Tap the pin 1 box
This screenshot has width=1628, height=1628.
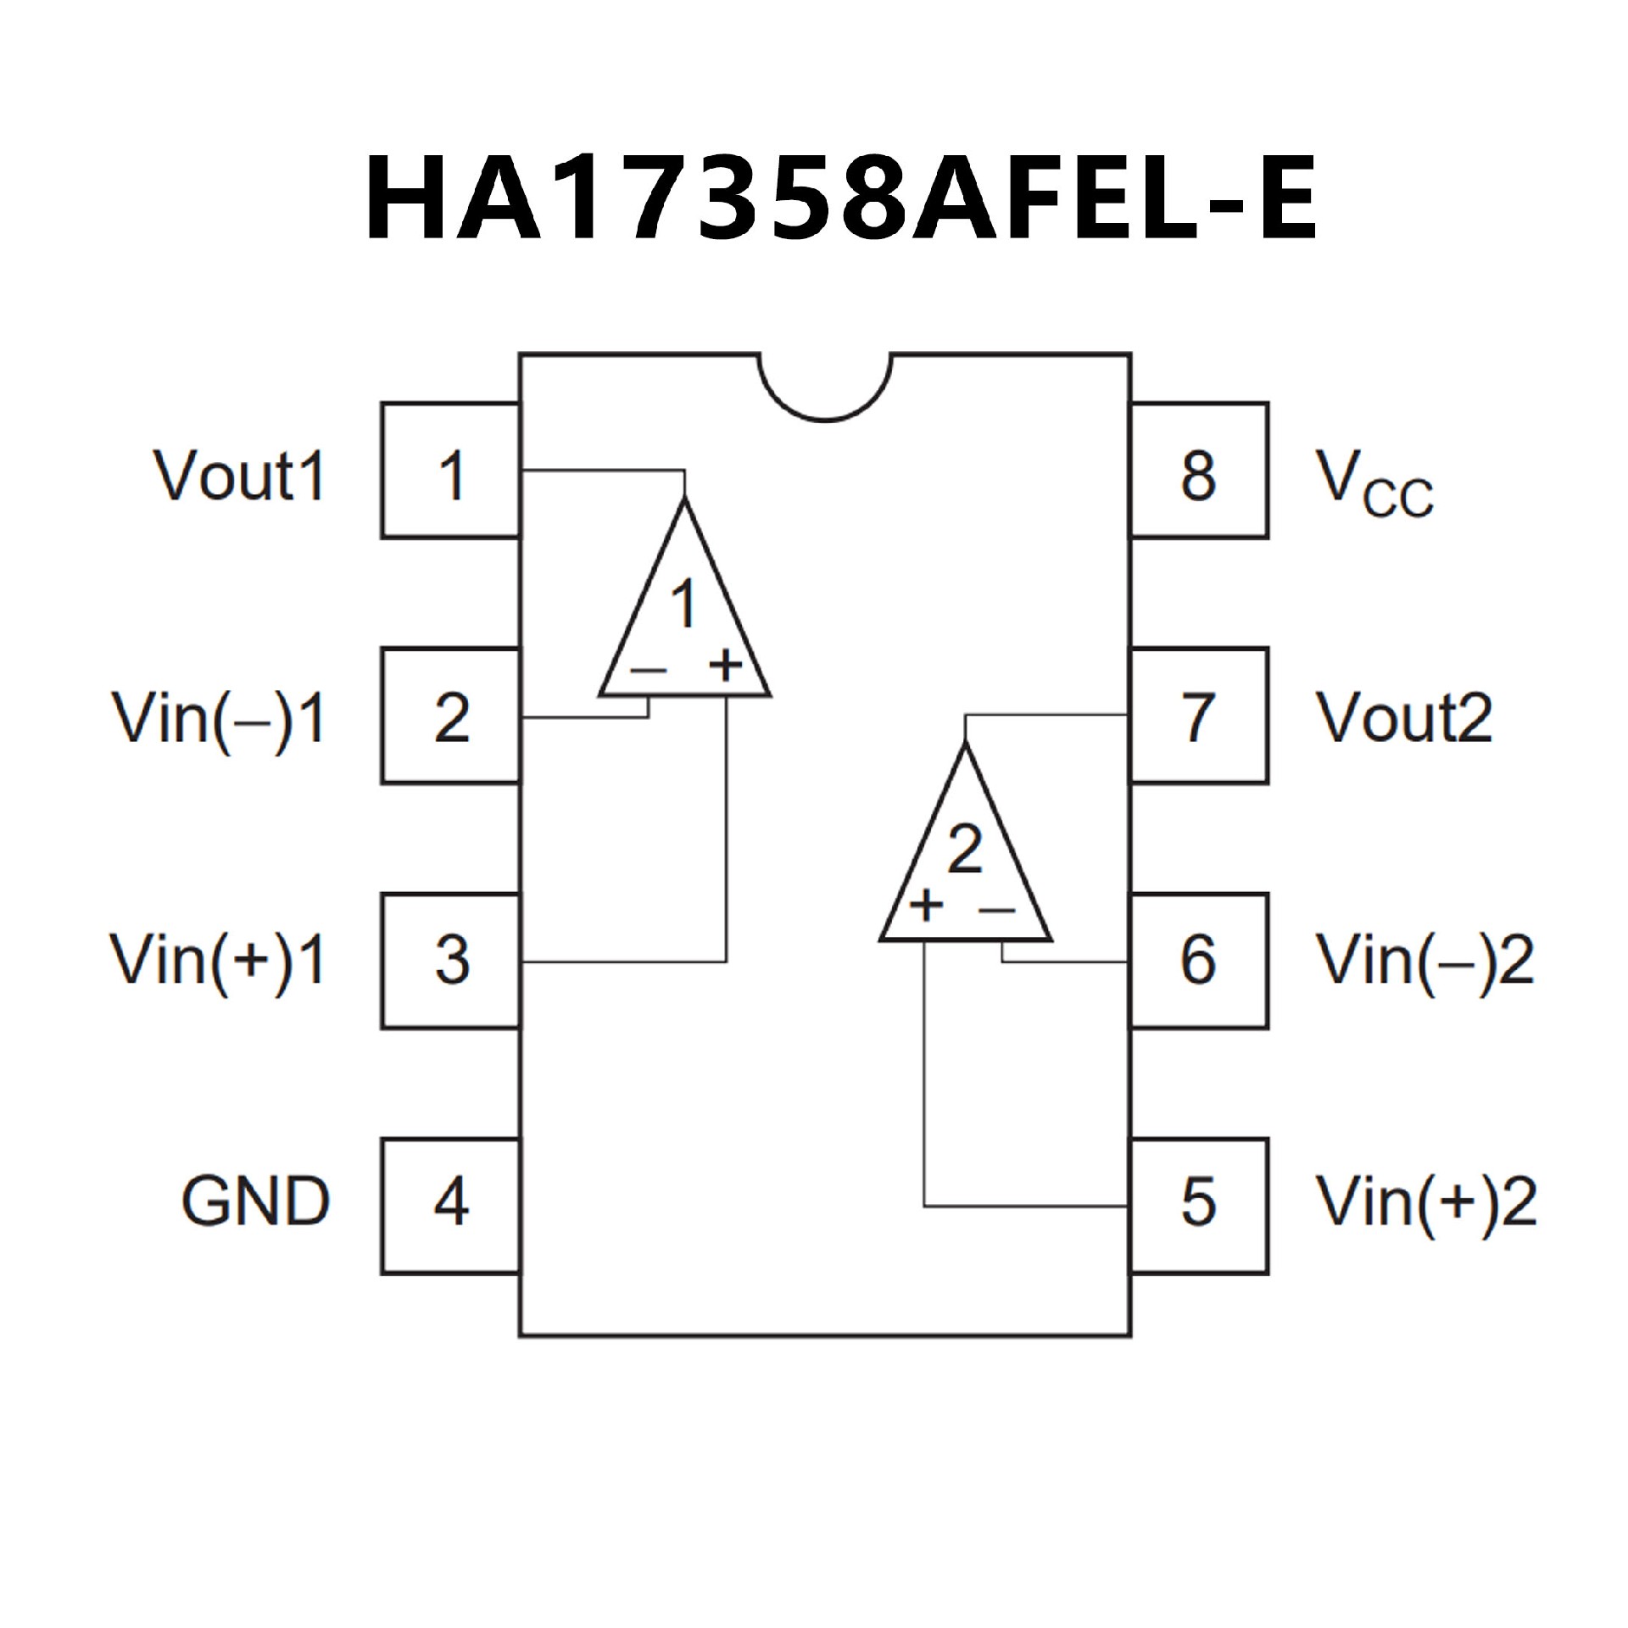(450, 471)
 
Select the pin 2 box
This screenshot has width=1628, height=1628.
(450, 716)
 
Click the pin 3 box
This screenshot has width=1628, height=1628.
(450, 961)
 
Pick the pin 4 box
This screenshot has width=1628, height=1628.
(450, 1205)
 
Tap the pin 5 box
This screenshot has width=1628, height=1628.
(1199, 1205)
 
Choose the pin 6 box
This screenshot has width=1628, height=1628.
(1199, 961)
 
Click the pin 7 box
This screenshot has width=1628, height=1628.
(1199, 716)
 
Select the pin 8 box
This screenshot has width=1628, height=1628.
(1199, 471)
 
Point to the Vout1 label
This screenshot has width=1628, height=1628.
(240, 475)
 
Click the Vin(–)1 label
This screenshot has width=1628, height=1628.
(219, 721)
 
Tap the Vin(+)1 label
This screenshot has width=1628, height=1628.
(219, 962)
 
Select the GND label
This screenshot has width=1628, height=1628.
(255, 1202)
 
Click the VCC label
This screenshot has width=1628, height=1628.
(1374, 483)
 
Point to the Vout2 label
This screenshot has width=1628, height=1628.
(1403, 719)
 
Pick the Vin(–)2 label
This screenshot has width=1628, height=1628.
(1424, 962)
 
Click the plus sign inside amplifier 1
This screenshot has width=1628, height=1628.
(726, 665)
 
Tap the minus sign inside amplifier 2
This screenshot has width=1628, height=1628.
(997, 911)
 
